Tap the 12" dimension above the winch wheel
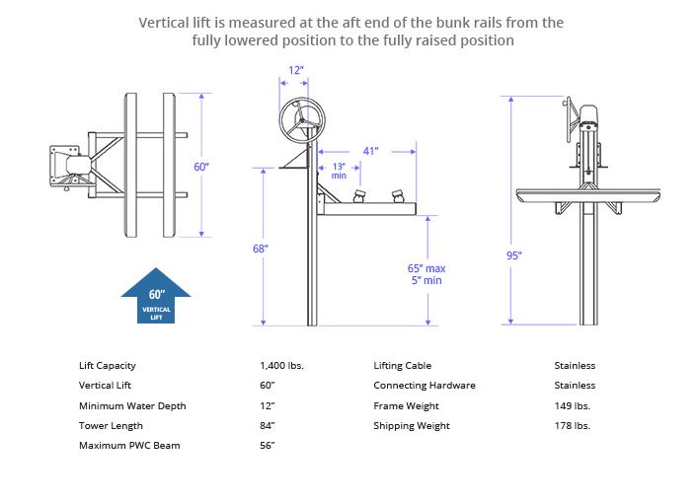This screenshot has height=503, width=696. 296,71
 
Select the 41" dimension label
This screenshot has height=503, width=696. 370,151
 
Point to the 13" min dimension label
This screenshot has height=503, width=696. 339,171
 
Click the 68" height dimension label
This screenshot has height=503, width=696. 261,249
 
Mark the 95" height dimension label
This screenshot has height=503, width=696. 514,255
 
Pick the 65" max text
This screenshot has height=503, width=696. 426,267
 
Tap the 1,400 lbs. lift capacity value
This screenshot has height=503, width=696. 281,365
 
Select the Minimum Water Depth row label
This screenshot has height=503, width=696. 132,405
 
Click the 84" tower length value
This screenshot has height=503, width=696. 267,425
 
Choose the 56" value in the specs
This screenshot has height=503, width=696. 267,446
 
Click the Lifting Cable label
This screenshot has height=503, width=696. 402,365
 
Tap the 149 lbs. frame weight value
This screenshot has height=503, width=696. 573,405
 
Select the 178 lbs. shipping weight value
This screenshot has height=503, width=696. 573,425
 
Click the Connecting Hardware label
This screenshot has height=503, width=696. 425,386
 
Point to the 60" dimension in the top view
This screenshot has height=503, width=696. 200,167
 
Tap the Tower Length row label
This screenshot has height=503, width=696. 111,425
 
